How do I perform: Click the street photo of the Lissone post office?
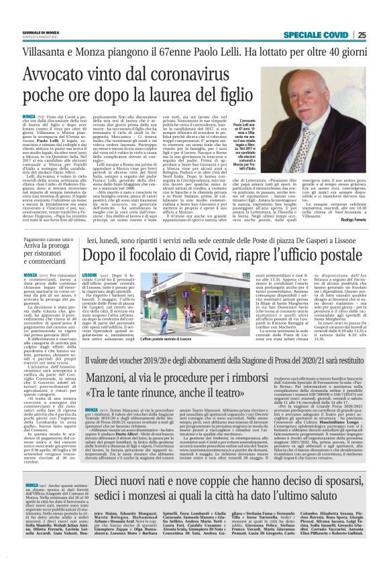point(129,298)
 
